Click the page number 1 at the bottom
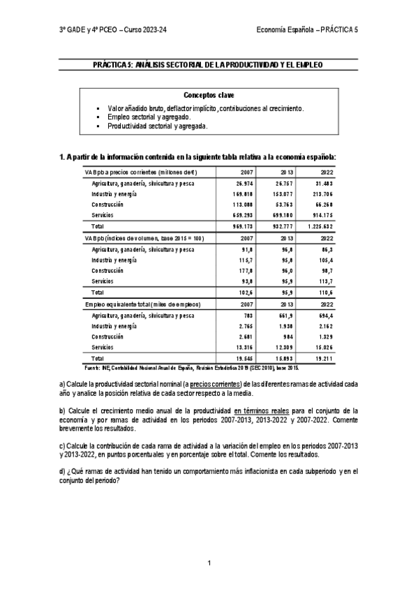coord(209,563)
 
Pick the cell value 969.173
coord(241,227)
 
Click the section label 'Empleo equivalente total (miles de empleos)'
coord(142,304)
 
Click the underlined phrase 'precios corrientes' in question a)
coord(213,384)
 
